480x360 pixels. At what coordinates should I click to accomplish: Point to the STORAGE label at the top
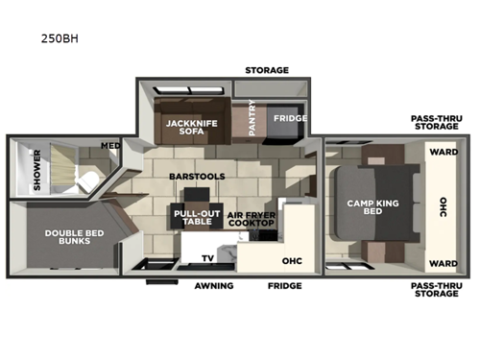coord(266,70)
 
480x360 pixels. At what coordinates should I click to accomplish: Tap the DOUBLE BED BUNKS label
coord(67,235)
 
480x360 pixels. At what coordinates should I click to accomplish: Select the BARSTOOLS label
coord(197,178)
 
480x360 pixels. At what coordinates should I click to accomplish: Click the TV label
coord(207,258)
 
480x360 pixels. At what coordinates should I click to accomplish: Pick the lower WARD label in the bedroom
coord(442,263)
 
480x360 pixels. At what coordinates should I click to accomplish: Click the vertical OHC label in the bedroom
coord(443,207)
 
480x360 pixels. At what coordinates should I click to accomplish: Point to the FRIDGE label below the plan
coord(284,286)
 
